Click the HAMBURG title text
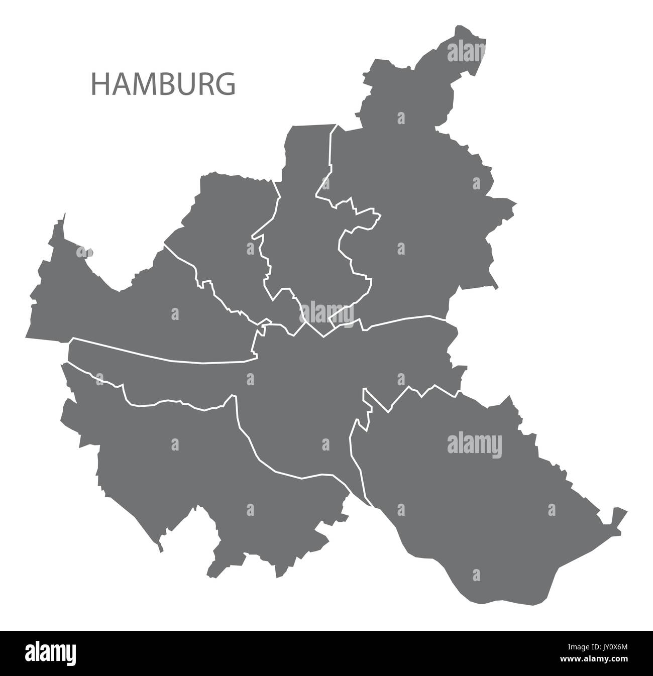point(163,84)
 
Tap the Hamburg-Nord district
point(301,226)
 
